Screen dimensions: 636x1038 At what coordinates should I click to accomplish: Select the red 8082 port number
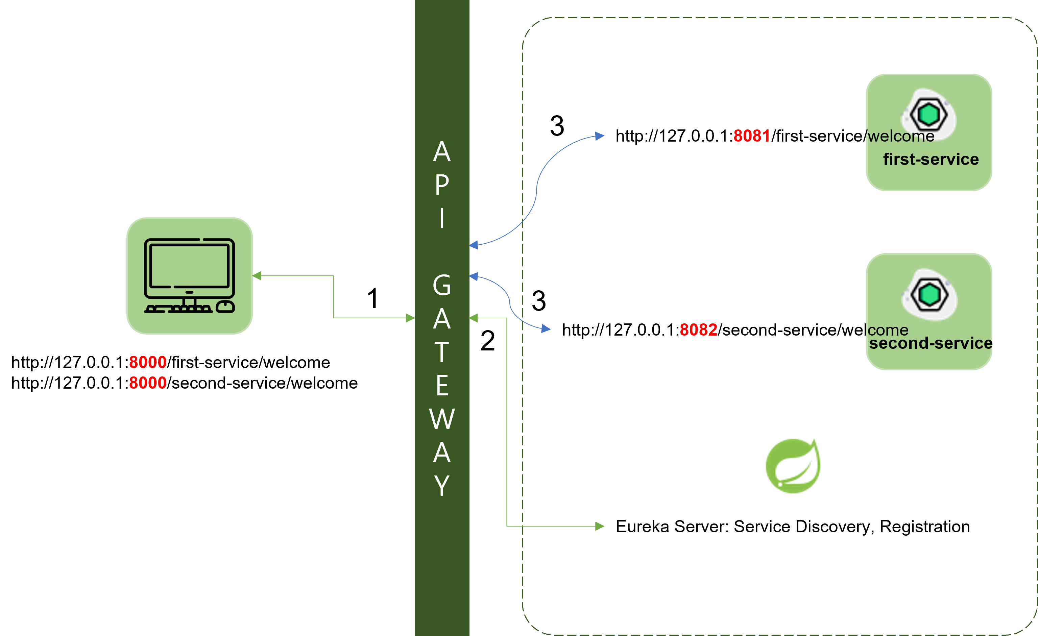click(698, 329)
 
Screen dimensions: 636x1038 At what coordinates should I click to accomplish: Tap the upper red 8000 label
click(147, 362)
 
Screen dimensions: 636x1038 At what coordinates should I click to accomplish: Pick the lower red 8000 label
click(147, 383)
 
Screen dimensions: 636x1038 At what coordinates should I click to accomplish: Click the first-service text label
click(931, 159)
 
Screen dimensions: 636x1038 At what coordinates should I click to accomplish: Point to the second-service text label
click(931, 343)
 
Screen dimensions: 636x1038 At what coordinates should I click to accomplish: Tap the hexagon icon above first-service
click(928, 114)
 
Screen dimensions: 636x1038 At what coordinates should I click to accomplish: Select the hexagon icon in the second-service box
click(929, 294)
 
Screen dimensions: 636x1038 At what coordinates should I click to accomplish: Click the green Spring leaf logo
click(793, 465)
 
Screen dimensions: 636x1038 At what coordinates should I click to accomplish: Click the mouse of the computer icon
click(225, 307)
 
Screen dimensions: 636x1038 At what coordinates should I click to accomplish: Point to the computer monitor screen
click(189, 265)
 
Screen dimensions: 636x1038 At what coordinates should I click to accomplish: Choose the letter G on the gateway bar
click(441, 285)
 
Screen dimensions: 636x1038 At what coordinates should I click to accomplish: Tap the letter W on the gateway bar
click(441, 419)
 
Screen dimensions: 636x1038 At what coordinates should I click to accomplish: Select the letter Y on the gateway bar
click(441, 485)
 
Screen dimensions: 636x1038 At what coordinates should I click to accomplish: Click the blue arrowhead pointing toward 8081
click(600, 136)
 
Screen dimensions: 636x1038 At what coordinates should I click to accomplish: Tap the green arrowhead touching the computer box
click(257, 276)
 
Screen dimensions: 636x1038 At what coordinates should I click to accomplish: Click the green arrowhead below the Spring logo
click(600, 526)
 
